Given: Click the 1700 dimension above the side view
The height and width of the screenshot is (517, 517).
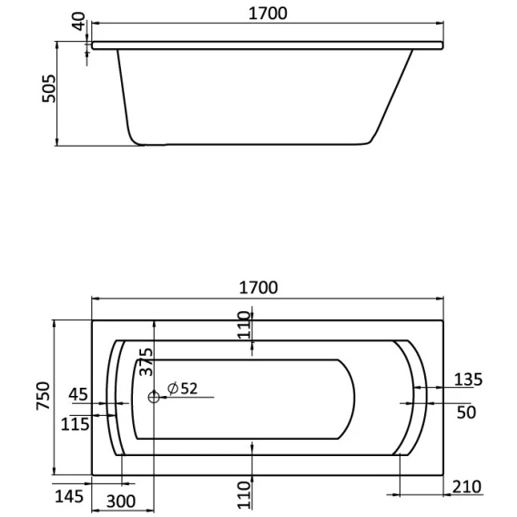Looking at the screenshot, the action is [x=268, y=14].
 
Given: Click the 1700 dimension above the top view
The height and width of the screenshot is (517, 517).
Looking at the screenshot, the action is [x=258, y=288].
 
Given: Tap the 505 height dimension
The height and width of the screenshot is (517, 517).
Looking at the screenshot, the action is [x=49, y=88].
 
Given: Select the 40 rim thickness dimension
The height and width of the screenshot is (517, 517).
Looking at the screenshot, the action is [x=78, y=21].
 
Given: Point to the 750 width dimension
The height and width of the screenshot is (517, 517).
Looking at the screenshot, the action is [x=43, y=396].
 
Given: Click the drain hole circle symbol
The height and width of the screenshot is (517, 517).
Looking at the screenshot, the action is [x=154, y=397].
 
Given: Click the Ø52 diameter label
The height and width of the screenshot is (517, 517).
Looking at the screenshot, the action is [x=182, y=389].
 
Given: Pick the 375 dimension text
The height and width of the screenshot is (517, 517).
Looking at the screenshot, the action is [x=146, y=361].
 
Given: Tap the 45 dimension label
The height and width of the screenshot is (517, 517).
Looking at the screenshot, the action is [x=78, y=394].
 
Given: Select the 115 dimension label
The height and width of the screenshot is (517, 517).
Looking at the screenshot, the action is [x=76, y=424].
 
